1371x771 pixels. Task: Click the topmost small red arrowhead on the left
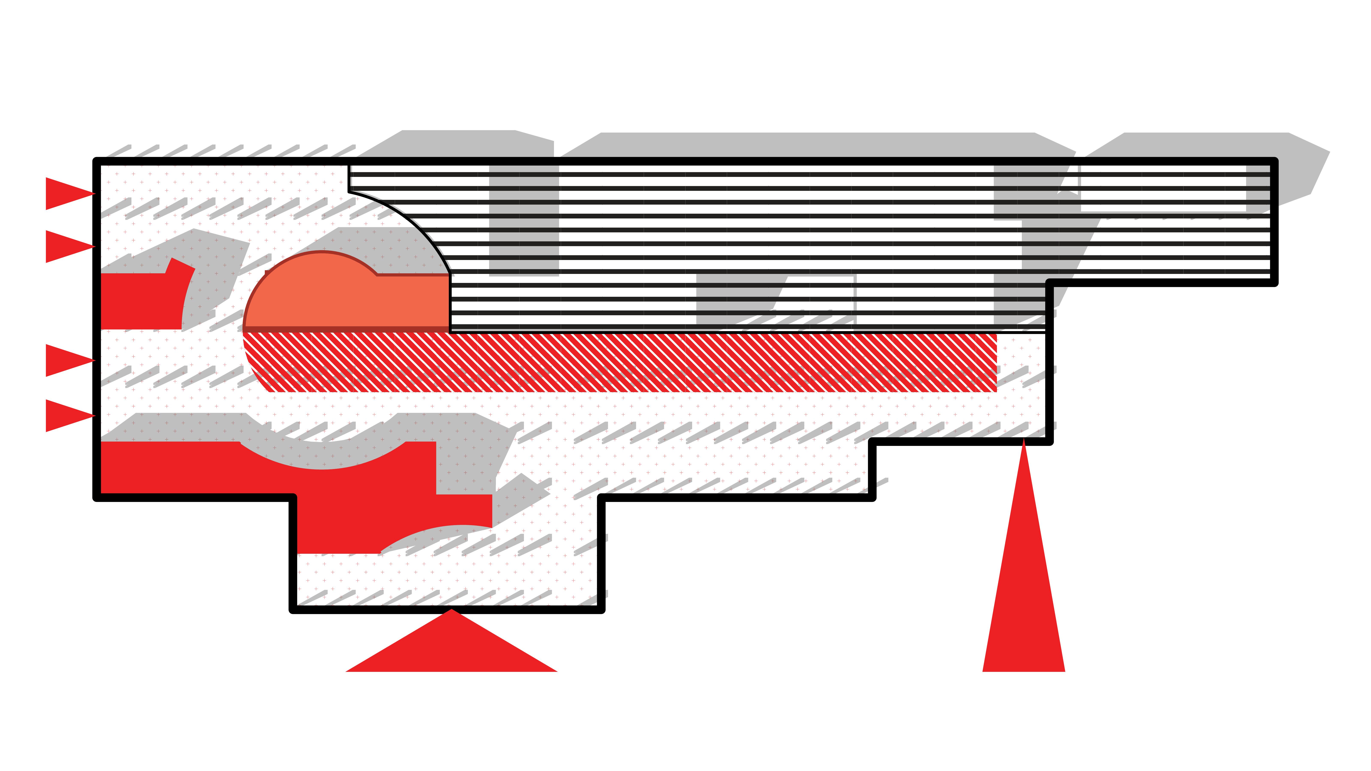click(x=64, y=194)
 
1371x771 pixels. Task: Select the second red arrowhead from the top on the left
click(x=64, y=246)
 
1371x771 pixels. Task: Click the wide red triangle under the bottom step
click(x=451, y=649)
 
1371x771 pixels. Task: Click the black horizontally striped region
click(x=745, y=223)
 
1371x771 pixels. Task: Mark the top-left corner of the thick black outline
click(x=97, y=161)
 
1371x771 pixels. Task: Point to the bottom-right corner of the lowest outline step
click(x=601, y=610)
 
